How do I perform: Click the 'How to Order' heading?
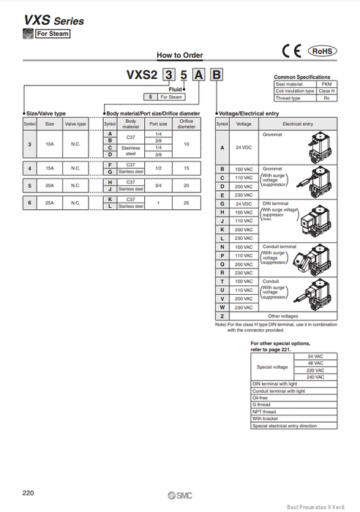pos(179,55)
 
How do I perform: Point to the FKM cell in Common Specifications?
pos(326,84)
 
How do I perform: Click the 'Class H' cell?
pos(326,91)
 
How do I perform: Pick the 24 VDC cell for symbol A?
pos(244,148)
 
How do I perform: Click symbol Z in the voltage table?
pos(222,316)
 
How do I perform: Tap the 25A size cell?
pos(50,203)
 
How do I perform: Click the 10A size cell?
pos(50,145)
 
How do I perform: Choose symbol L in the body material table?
pos(109,206)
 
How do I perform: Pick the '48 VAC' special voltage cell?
pos(316,363)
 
